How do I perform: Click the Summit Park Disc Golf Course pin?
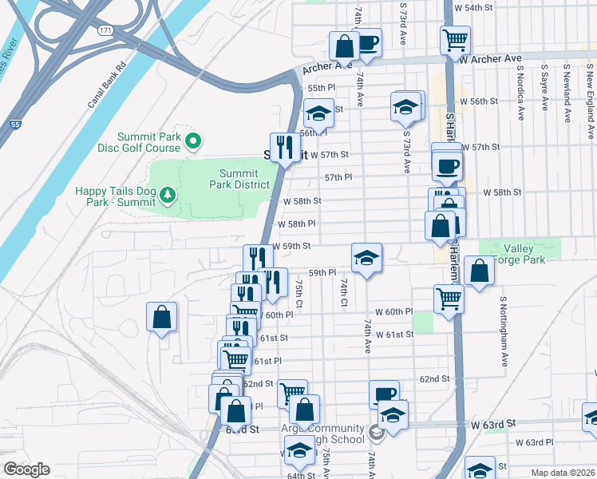coord(192,142)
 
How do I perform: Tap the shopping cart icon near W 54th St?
coord(454,38)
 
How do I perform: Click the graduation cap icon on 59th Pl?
coord(366,258)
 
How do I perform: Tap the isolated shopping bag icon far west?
coord(162,317)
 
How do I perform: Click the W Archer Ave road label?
coord(490,59)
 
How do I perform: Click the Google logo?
coord(26,469)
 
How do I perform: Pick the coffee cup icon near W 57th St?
coord(447,165)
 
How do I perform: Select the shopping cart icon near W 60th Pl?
coord(449,299)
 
